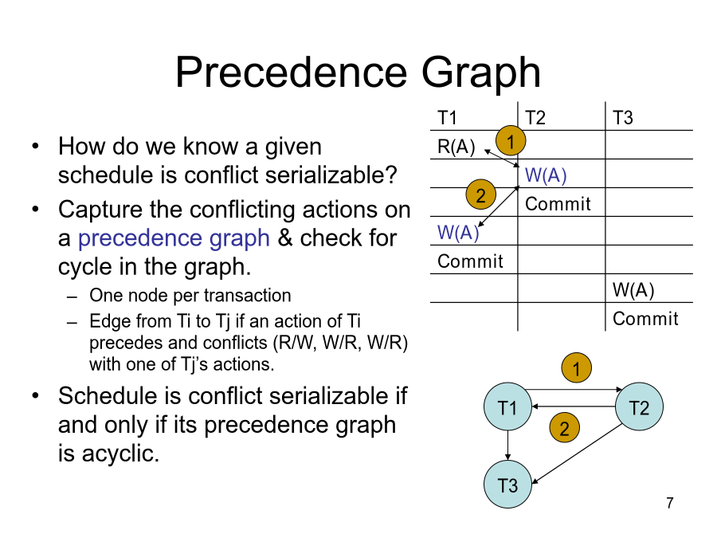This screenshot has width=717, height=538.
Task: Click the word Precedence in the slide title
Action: click(x=292, y=73)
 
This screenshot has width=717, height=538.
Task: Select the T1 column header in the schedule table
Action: click(x=448, y=118)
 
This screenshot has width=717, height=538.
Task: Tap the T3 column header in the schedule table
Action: click(x=623, y=118)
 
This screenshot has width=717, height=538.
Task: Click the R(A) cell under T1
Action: click(x=456, y=147)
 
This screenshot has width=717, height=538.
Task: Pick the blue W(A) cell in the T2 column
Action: click(x=546, y=175)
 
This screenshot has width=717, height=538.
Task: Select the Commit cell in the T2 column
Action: click(x=558, y=204)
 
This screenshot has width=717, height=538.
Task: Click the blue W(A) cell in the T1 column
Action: click(x=458, y=233)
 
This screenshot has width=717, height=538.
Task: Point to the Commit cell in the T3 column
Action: click(x=645, y=319)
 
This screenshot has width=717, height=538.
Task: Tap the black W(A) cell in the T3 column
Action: click(x=633, y=290)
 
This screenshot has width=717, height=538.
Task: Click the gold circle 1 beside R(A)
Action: click(x=511, y=140)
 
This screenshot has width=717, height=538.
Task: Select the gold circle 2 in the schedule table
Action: click(x=481, y=195)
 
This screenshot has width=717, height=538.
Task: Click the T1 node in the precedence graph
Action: click(x=507, y=408)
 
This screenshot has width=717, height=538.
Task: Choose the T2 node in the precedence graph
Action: click(x=639, y=408)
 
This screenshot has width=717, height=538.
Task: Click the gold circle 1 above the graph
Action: click(x=577, y=369)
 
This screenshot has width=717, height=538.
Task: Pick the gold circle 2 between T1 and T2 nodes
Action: click(x=564, y=429)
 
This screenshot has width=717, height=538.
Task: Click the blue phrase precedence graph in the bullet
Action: click(x=174, y=238)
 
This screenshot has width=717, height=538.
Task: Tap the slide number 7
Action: click(x=670, y=503)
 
